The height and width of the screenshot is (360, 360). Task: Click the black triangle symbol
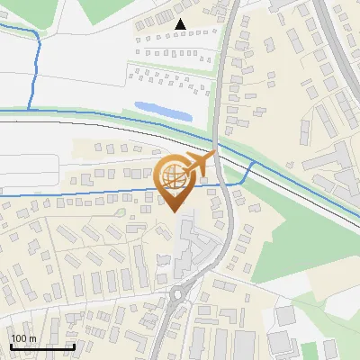[x=181, y=24]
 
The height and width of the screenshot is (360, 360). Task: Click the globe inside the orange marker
[x=174, y=176]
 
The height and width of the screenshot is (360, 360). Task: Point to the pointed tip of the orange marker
[x=175, y=211]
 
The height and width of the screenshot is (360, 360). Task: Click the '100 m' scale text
[x=23, y=338]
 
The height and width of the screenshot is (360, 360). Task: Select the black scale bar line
[x=42, y=346]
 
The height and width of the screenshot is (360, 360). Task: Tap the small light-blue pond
[x=163, y=111]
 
